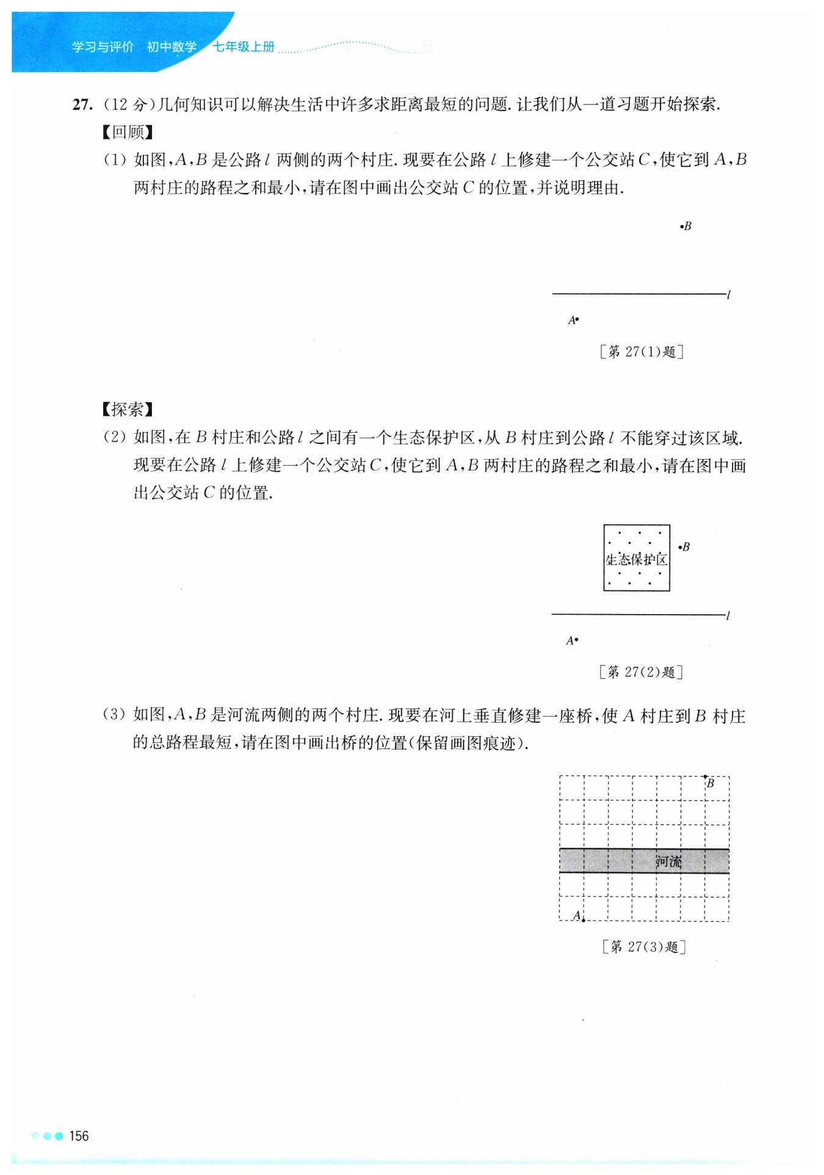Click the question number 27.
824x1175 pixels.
82,105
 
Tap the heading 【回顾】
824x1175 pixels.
128,132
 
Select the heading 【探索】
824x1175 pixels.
128,409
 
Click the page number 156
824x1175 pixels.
79,1136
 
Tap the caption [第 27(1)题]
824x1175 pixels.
641,352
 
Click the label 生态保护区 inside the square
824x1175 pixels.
637,559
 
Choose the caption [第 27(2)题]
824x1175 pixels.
641,672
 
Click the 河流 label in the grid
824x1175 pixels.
668,861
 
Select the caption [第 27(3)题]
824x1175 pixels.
644,947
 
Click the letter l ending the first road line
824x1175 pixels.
729,295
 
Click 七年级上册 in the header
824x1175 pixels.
244,47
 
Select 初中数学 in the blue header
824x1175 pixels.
172,47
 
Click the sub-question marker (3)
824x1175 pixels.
114,715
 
